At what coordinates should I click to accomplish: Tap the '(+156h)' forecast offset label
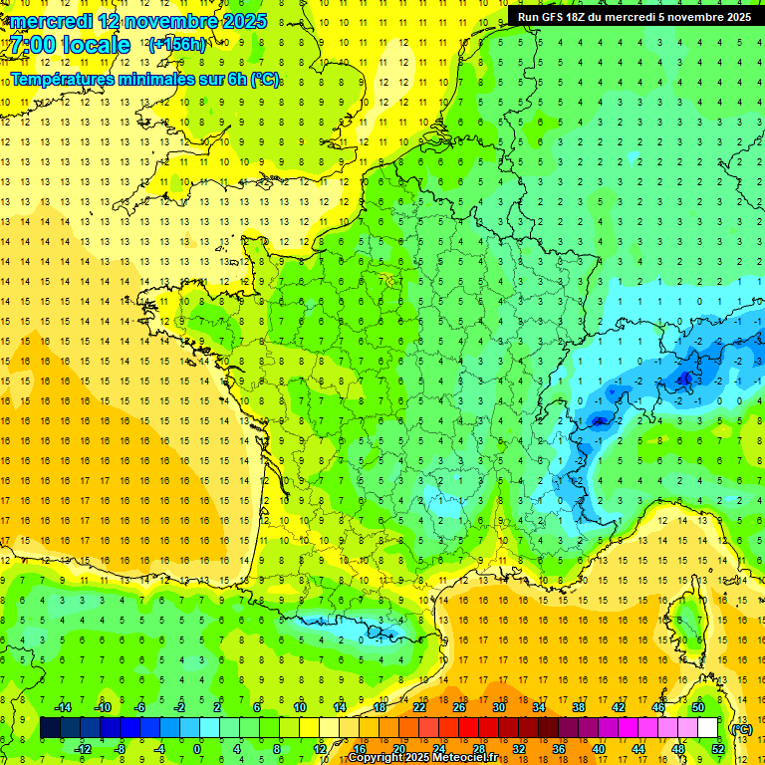[177, 44]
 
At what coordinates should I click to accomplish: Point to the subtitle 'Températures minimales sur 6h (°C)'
[144, 80]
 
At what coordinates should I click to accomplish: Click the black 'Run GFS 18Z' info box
[635, 16]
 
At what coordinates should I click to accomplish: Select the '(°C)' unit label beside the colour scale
[742, 729]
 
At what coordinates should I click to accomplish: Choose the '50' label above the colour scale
[698, 707]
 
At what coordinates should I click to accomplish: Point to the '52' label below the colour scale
[718, 749]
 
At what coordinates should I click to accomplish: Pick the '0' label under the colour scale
[197, 749]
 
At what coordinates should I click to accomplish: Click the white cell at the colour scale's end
[708, 728]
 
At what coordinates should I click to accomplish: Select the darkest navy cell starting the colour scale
[51, 728]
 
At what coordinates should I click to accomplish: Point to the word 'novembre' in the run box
[686, 16]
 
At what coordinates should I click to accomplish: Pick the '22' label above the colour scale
[419, 707]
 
